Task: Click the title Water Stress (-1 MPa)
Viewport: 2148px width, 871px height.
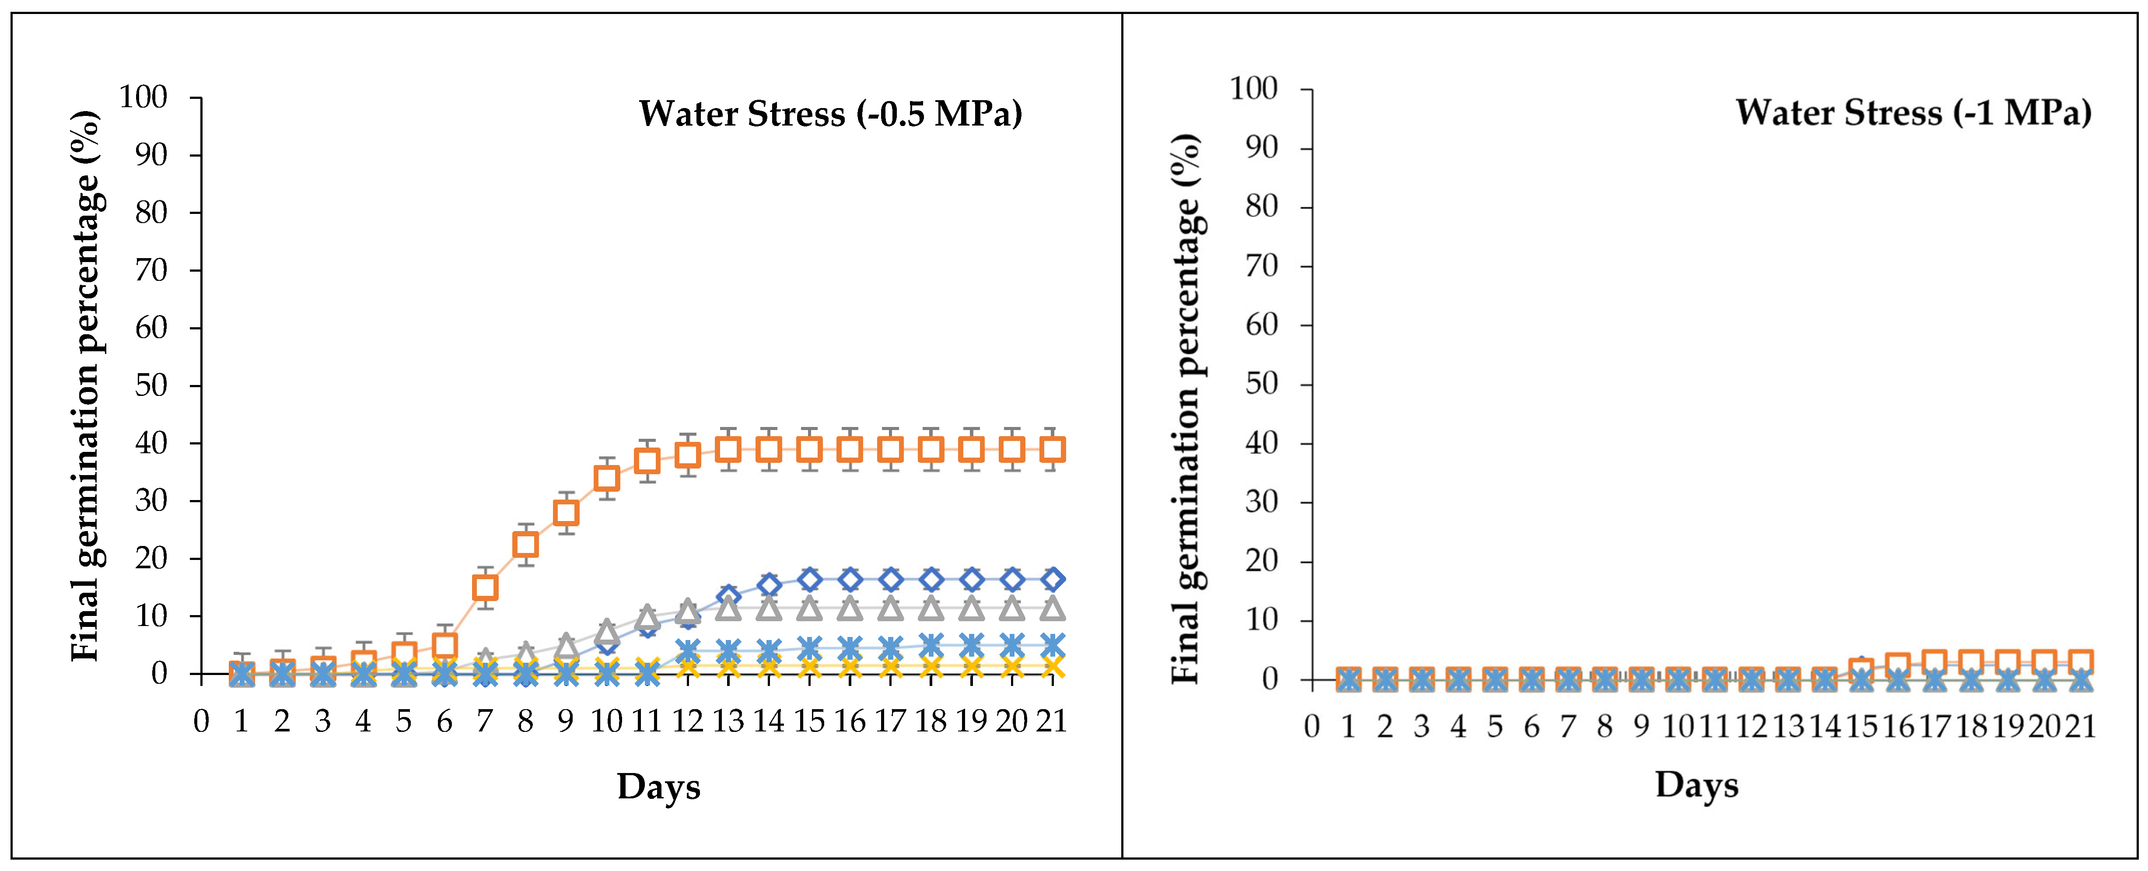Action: pyautogui.click(x=1914, y=112)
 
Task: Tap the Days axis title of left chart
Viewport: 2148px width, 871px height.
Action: pyautogui.click(x=659, y=786)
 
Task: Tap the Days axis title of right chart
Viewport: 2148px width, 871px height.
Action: pyautogui.click(x=1697, y=784)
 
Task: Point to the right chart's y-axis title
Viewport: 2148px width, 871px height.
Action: pyautogui.click(x=1186, y=409)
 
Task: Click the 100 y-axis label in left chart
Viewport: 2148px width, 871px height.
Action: pyautogui.click(x=143, y=98)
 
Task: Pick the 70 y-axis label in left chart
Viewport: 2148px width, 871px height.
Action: pyautogui.click(x=152, y=270)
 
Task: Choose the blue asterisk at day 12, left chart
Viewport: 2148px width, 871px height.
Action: pyautogui.click(x=687, y=650)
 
